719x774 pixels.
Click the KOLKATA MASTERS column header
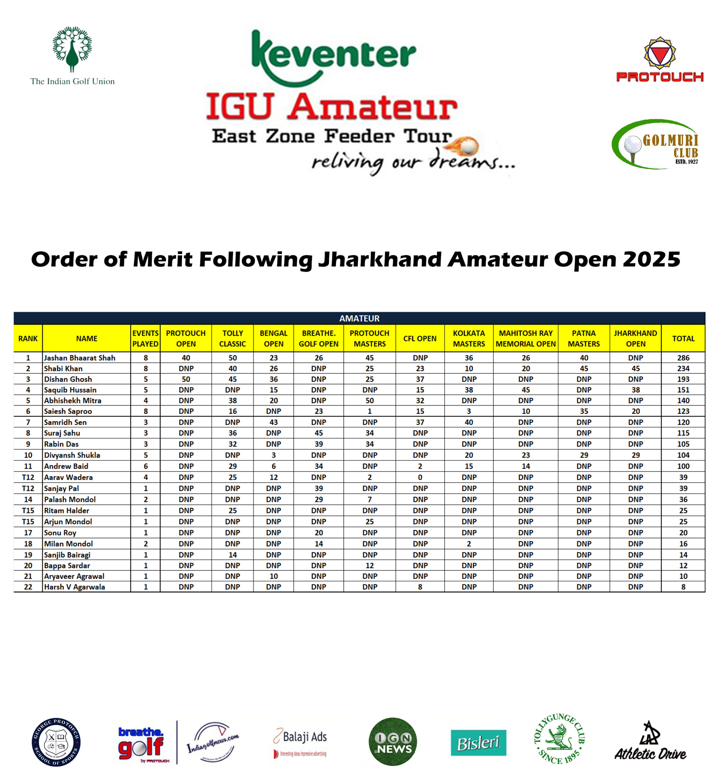tap(469, 338)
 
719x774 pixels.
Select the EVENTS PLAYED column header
tap(145, 338)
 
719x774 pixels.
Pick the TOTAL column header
tap(683, 338)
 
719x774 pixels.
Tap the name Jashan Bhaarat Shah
tap(80, 358)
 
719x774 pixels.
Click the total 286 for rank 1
tap(683, 358)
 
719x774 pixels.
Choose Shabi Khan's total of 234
tap(683, 368)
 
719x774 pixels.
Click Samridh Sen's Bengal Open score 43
tap(273, 422)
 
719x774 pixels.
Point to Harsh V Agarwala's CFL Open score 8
tap(420, 587)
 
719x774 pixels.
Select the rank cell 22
tap(28, 587)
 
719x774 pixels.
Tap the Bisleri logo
tap(478, 743)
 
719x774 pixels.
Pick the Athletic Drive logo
tap(650, 741)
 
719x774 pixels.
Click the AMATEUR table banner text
tap(359, 318)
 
